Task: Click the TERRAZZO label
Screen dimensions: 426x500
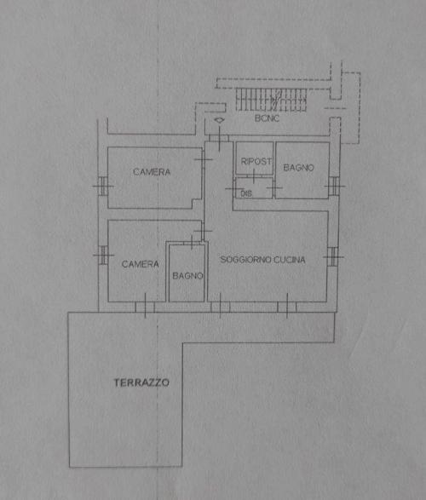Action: [x=141, y=382]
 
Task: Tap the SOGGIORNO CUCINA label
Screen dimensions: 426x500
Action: [x=262, y=260]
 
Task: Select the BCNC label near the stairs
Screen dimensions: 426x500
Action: [x=267, y=118]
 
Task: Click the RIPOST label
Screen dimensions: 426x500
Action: [x=256, y=161]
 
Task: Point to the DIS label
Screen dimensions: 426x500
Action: [x=246, y=193]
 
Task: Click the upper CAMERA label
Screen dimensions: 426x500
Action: [x=152, y=172]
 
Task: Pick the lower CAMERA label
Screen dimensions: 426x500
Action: [x=141, y=264]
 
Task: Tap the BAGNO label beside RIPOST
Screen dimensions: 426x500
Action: [x=299, y=168]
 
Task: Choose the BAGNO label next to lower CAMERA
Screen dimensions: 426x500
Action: [x=187, y=275]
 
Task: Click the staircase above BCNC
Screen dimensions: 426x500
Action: [x=271, y=100]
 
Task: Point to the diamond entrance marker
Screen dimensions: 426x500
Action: [x=219, y=120]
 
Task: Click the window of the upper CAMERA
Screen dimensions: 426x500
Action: [x=103, y=186]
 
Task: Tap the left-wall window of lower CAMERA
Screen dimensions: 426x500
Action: [x=103, y=255]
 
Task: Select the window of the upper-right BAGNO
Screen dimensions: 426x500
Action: [x=334, y=186]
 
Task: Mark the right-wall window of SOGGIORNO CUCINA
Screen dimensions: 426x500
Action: [x=332, y=256]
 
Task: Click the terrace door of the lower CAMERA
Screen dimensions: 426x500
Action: [x=145, y=307]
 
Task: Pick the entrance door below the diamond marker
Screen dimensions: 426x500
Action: [x=219, y=138]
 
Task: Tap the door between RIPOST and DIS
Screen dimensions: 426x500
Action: [x=254, y=176]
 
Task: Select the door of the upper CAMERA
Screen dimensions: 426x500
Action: [x=203, y=159]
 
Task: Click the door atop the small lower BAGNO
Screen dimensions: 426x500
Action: [x=192, y=243]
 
